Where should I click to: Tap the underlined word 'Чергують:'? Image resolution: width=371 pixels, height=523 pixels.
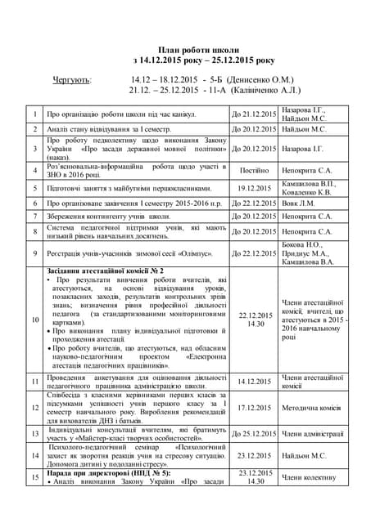(73, 80)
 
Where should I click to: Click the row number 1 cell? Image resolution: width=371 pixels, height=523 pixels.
(34, 114)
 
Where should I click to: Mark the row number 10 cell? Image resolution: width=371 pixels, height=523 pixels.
(34, 319)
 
